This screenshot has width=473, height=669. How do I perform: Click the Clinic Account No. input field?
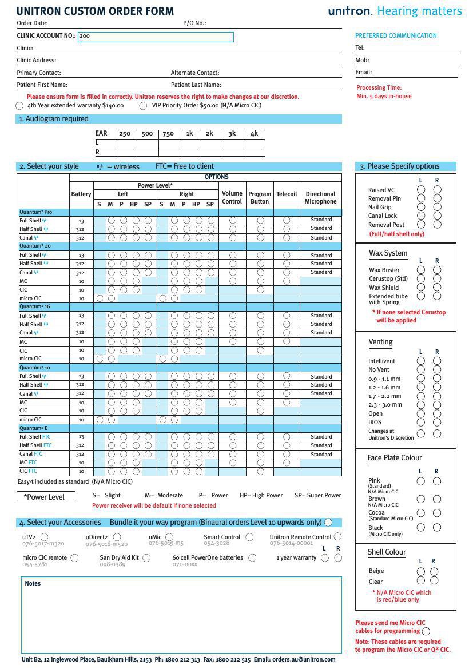(x=156, y=37)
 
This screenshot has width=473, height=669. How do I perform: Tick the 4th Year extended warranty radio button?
(x=19, y=106)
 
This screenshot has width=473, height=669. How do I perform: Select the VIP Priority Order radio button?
(x=144, y=106)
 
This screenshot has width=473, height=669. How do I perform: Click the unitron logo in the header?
(x=350, y=11)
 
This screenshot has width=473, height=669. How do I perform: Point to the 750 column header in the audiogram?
(x=168, y=134)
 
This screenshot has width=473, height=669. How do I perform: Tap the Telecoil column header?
(x=287, y=194)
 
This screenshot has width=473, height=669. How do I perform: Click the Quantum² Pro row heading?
(x=35, y=212)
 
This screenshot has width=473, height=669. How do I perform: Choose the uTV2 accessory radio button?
(x=45, y=537)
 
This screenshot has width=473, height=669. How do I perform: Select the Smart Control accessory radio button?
(x=249, y=537)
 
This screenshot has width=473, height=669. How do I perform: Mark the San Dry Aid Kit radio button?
(x=146, y=558)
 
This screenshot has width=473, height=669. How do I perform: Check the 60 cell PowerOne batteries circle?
(x=252, y=558)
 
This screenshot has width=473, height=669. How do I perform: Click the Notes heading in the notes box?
(x=33, y=583)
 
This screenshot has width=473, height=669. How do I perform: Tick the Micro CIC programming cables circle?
(x=426, y=631)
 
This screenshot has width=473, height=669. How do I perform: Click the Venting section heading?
(x=380, y=342)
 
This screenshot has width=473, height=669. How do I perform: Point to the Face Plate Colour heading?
(x=395, y=457)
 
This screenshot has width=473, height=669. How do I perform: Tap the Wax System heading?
(x=388, y=253)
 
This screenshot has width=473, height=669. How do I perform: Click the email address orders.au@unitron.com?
(x=304, y=659)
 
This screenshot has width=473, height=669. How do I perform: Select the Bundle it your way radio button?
(x=328, y=522)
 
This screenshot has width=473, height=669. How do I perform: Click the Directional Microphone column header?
(x=320, y=198)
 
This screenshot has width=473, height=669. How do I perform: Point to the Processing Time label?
(x=379, y=88)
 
